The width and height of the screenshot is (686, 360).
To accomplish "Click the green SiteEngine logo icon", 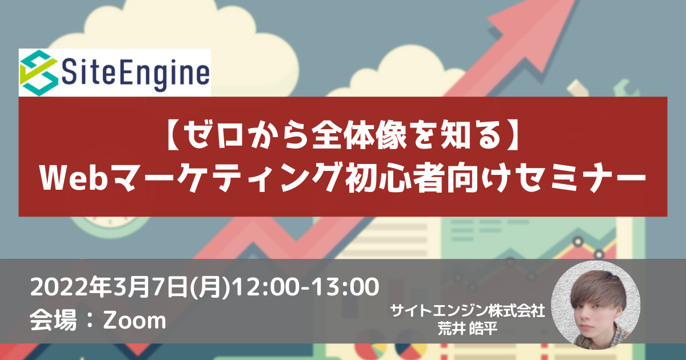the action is [39, 73].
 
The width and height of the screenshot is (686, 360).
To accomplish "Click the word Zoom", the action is [134, 321].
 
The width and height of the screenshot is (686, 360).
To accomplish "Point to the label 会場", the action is [53, 320].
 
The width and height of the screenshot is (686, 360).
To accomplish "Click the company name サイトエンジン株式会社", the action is [468, 311].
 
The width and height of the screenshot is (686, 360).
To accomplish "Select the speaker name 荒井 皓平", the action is [468, 329].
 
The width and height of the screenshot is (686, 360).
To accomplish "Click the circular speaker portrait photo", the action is [595, 305].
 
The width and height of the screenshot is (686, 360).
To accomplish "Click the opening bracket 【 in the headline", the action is [175, 135].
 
